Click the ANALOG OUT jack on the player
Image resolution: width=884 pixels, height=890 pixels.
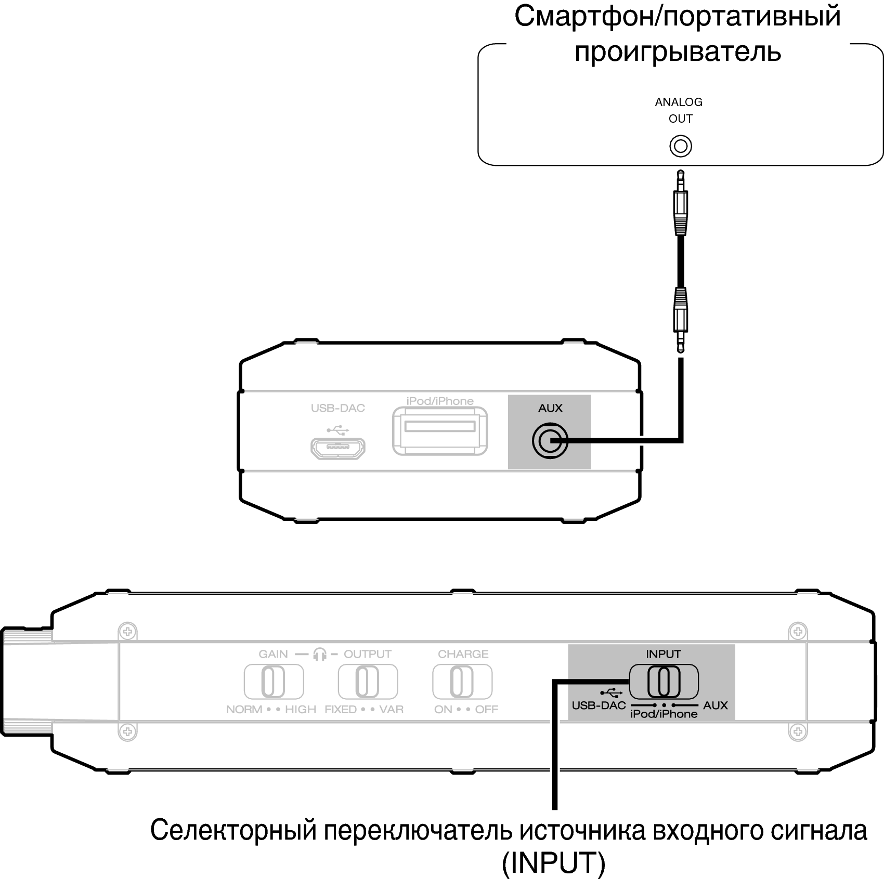[x=680, y=146]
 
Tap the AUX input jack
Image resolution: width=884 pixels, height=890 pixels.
[x=550, y=441]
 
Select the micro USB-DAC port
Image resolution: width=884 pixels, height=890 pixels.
[x=338, y=448]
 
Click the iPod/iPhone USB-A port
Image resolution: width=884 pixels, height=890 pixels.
[x=440, y=431]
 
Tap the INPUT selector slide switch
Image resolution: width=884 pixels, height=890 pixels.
[x=664, y=682]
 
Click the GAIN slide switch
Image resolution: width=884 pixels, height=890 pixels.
[x=274, y=682]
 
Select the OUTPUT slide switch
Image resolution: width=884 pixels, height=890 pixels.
[x=368, y=682]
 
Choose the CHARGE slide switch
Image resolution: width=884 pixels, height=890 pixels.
[x=462, y=682]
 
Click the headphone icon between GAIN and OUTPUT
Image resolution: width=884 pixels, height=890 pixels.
[x=320, y=655]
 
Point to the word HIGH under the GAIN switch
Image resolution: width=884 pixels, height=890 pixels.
[x=301, y=710]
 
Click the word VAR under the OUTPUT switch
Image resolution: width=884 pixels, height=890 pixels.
[x=392, y=710]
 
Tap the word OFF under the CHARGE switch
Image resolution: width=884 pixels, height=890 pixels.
[x=487, y=710]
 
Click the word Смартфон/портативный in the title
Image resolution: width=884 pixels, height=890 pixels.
[x=678, y=17]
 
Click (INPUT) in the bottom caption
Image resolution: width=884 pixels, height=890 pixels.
[x=554, y=863]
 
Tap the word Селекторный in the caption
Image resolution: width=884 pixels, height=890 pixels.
[x=233, y=830]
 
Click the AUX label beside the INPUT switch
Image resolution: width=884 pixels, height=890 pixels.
[x=716, y=705]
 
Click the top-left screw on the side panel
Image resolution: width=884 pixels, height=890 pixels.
[x=127, y=632]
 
